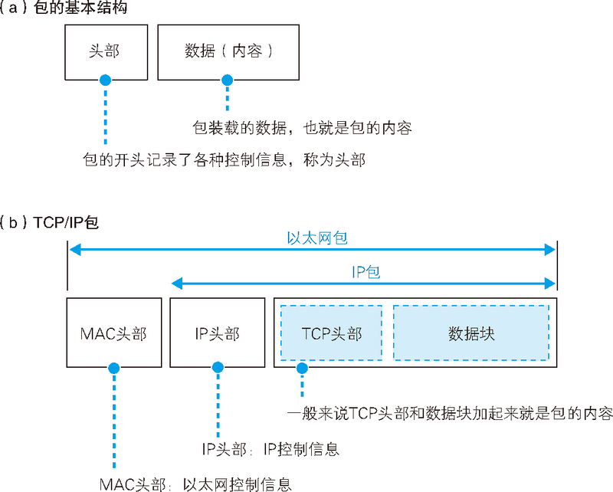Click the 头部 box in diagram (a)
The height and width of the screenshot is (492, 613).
[104, 51]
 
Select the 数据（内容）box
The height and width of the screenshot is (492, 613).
[228, 51]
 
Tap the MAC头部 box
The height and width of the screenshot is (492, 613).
[113, 333]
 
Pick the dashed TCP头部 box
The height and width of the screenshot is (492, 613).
[331, 333]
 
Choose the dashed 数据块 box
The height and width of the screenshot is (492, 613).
[470, 333]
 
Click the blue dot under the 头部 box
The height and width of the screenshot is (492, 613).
[105, 79]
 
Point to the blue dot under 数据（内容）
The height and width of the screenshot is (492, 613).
[226, 79]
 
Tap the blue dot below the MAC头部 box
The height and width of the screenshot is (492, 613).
[114, 369]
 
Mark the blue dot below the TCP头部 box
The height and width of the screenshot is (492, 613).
[303, 369]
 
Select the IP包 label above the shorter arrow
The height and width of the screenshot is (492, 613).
[366, 272]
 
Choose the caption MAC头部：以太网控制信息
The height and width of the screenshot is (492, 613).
[195, 484]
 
